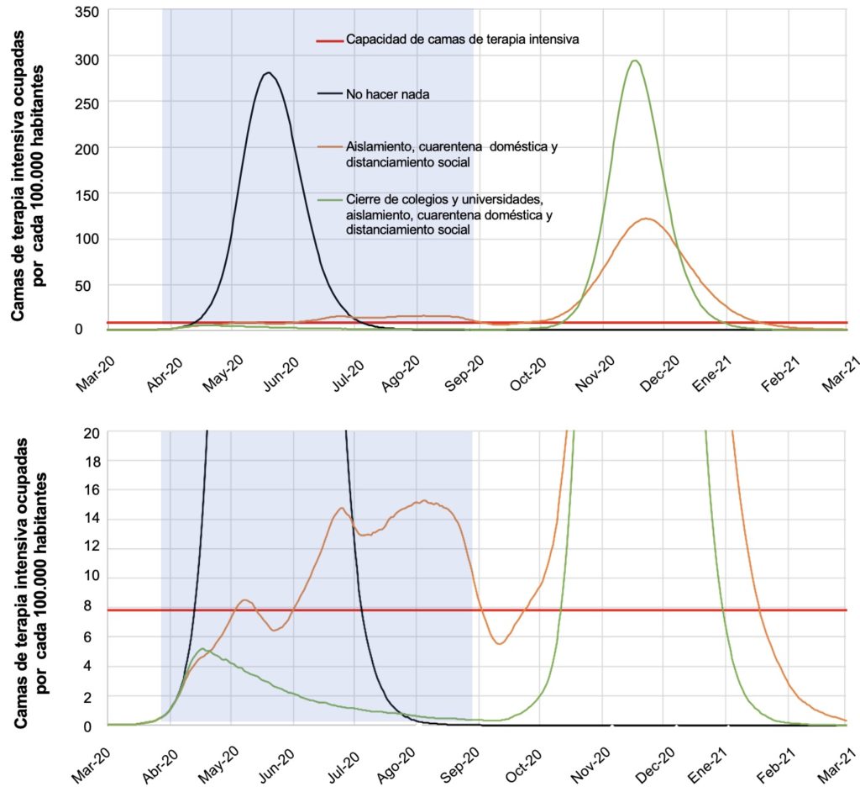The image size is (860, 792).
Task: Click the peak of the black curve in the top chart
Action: tap(268, 73)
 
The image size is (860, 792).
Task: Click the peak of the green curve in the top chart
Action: tap(635, 61)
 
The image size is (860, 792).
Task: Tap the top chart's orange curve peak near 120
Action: tap(646, 219)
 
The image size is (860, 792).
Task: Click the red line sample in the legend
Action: tap(330, 40)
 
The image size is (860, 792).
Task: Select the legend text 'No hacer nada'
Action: tap(387, 94)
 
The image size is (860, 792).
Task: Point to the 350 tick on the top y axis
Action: tap(87, 12)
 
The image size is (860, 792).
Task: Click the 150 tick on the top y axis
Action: tap(87, 193)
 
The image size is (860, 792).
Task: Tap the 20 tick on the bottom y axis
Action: tap(93, 432)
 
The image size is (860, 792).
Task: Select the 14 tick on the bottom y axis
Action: tap(93, 520)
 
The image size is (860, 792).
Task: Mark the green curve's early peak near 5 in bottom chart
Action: tap(202, 649)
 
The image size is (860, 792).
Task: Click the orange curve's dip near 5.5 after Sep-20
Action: tap(500, 644)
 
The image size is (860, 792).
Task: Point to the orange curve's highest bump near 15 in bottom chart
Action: tap(424, 501)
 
